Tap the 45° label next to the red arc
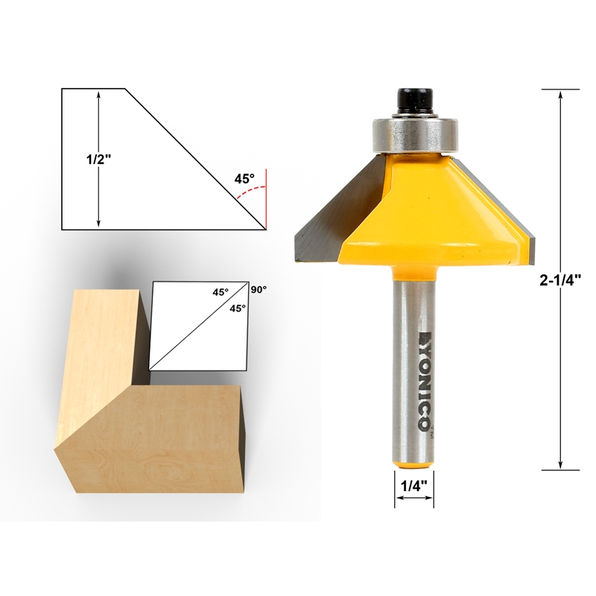coord(244,179)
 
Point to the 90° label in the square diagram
coord(259,290)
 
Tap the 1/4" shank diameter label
coord(413,486)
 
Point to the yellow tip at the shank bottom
coord(413,465)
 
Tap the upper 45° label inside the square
coord(221,293)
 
